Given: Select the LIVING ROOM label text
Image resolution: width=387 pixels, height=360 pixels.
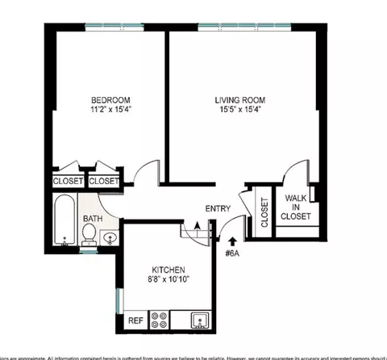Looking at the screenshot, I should (239, 101).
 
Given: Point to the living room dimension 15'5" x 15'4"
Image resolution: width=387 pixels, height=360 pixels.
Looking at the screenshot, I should (239, 113).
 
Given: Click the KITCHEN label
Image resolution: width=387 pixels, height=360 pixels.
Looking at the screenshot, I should (169, 270).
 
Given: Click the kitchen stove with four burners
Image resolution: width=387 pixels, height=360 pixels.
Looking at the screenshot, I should (159, 320).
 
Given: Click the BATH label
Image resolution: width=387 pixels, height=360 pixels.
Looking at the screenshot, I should (93, 218).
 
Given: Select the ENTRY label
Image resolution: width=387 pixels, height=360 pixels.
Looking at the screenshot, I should (218, 208).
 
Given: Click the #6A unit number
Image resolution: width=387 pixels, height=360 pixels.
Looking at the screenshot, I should (233, 251).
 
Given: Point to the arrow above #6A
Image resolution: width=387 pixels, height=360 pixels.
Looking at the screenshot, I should (233, 239).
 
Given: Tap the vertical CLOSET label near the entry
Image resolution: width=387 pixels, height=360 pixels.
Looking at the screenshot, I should (264, 212).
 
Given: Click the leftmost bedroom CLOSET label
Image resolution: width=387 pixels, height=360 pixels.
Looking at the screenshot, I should (68, 181).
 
